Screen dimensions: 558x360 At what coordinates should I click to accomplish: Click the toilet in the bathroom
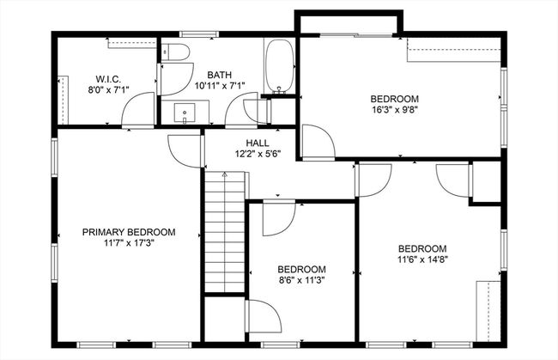click(175, 52)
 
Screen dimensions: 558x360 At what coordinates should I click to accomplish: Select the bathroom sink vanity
click(185, 113)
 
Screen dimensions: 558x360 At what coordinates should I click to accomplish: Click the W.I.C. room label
click(108, 79)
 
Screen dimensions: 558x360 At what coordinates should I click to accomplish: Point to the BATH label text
click(219, 75)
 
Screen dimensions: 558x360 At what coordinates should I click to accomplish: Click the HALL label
click(258, 143)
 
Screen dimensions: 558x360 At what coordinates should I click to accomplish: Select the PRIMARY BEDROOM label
click(129, 232)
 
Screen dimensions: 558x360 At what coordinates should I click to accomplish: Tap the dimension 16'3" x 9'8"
click(394, 110)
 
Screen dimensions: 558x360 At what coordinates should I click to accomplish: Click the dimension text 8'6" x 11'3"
click(302, 280)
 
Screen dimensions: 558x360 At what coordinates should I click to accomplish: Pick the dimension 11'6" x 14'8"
click(422, 259)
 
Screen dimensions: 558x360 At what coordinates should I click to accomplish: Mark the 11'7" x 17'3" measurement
click(129, 243)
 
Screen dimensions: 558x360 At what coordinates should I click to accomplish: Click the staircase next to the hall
click(225, 232)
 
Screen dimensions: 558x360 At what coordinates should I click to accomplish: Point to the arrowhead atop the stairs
click(225, 174)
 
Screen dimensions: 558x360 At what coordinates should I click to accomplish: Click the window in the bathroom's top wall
click(199, 34)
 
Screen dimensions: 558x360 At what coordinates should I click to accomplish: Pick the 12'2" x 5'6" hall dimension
click(258, 154)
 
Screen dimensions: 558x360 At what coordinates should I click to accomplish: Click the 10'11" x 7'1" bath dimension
click(220, 86)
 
